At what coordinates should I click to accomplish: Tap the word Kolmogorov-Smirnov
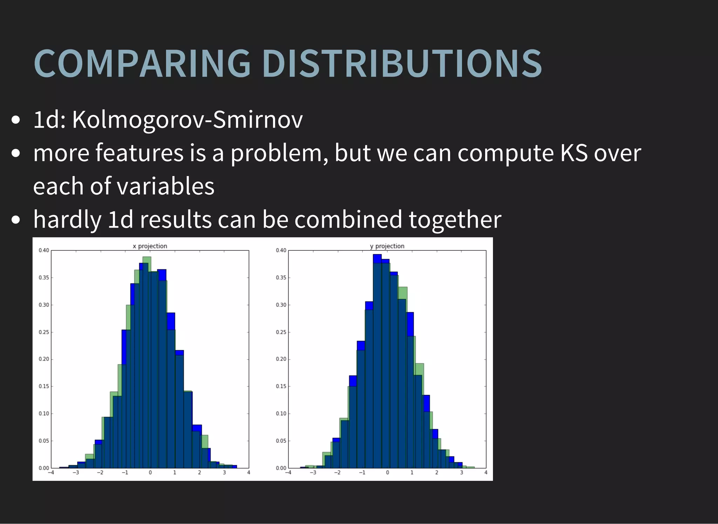tap(187, 120)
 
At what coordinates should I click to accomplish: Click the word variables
tap(165, 186)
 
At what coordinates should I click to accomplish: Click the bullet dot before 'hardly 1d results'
tap(15, 220)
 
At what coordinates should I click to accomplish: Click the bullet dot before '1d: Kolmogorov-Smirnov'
tap(15, 120)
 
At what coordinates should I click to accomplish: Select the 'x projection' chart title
tap(150, 246)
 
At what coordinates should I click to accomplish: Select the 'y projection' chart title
tap(387, 246)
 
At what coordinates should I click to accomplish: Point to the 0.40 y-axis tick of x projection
tap(44, 250)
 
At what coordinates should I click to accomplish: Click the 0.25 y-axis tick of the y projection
tap(281, 332)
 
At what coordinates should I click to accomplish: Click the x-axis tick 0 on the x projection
tap(150, 472)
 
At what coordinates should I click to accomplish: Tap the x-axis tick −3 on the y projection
tap(313, 472)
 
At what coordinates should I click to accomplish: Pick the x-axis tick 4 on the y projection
tap(486, 472)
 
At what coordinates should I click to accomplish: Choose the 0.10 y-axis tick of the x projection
tap(44, 414)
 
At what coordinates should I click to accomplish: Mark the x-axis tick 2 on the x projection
tap(199, 472)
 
